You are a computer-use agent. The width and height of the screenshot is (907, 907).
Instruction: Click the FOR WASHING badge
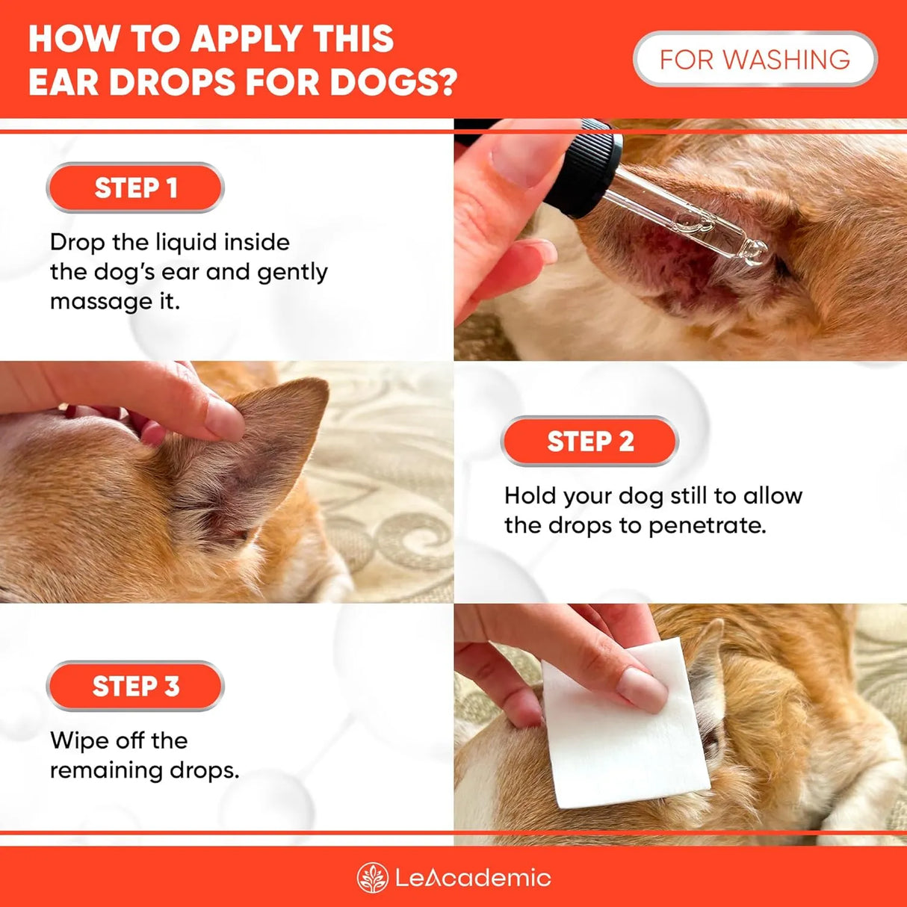point(755,59)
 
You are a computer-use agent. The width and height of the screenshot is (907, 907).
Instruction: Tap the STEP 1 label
point(135,188)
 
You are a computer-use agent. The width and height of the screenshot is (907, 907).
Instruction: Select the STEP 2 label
point(590,442)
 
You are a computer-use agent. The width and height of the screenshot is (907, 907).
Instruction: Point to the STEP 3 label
point(135,686)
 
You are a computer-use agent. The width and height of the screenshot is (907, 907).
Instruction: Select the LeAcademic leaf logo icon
point(372,878)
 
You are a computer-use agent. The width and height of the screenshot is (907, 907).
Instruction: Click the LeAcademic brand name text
point(473,878)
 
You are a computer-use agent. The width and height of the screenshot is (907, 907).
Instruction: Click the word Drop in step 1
point(78,242)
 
